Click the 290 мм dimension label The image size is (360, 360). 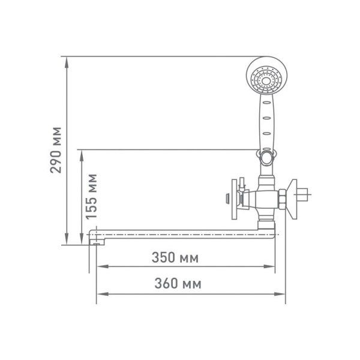click(x=56, y=150)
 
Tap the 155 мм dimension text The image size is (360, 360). click(x=92, y=197)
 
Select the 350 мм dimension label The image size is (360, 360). click(x=175, y=257)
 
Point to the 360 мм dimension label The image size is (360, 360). click(x=178, y=283)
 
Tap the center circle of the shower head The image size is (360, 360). click(x=266, y=81)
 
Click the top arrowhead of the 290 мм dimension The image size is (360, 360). click(x=67, y=62)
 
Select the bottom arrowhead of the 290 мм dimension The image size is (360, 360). click(x=67, y=239)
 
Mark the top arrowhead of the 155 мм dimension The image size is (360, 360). click(x=82, y=155)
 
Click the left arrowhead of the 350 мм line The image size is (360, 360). click(x=103, y=266)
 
